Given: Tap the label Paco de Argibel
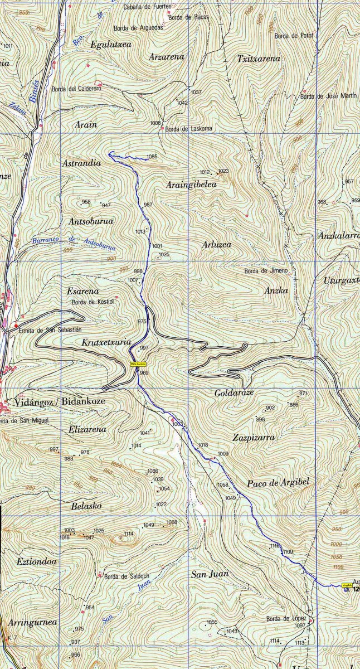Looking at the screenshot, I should (278, 483).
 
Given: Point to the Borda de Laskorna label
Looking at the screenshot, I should (189, 129).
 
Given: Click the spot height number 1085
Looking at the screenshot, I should (152, 156).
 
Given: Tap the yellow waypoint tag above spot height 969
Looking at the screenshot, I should (137, 363).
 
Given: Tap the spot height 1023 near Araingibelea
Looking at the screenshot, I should (223, 171).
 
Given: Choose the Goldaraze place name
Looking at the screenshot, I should (234, 393).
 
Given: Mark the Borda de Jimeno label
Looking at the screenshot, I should (266, 271).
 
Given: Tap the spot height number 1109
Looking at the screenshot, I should (288, 551).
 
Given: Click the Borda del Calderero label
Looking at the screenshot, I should (76, 88).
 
